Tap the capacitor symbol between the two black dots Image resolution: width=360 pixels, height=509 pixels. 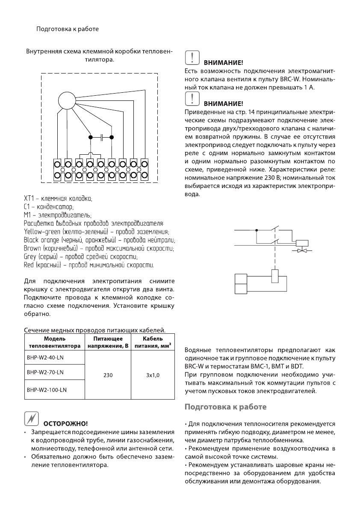click(x=101, y=137)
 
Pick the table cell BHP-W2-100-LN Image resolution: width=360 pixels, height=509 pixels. click(x=42, y=390)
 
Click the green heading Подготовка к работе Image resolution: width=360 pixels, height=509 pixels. click(x=226, y=407)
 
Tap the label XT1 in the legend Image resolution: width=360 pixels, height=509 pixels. click(x=29, y=199)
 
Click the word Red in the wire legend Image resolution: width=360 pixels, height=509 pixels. click(x=29, y=265)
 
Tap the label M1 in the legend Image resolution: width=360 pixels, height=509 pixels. click(x=27, y=215)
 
